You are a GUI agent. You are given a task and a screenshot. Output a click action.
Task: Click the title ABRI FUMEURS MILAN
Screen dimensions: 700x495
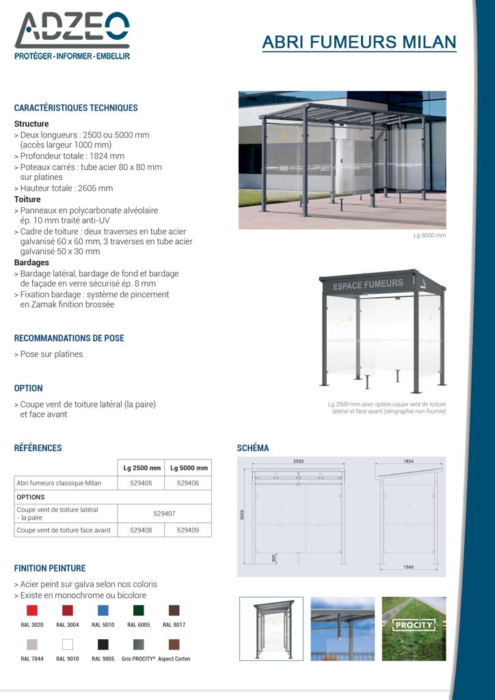coord(359,42)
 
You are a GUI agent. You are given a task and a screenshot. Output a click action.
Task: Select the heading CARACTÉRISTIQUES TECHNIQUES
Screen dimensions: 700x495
coord(76,108)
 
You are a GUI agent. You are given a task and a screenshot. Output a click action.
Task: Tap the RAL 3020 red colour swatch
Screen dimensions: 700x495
coord(32,610)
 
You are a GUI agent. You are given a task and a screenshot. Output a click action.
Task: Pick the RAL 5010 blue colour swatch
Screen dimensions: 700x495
coord(103,610)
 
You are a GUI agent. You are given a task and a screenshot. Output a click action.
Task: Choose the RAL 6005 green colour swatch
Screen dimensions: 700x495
coord(138,610)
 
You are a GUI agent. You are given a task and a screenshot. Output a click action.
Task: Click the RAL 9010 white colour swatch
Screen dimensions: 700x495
coord(67,644)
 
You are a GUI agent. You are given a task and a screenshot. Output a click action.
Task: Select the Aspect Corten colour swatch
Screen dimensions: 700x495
coord(174,644)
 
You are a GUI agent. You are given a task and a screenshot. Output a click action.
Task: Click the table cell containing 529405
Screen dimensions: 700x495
coord(141,483)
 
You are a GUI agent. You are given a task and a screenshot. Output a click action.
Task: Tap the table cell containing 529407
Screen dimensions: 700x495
coord(164,513)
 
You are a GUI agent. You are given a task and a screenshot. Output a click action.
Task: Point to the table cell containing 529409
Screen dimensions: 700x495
coord(188,530)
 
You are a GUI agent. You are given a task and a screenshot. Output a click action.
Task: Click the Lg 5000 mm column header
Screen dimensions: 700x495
coord(188,468)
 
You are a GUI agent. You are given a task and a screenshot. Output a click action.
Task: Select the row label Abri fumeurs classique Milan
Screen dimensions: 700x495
coord(59,483)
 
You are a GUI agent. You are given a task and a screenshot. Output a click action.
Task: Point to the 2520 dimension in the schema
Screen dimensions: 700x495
coord(299,461)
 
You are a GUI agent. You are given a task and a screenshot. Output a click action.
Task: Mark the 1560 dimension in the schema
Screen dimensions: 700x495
coord(409,567)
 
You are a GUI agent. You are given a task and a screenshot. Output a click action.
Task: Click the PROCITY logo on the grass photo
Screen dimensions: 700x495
coord(414,624)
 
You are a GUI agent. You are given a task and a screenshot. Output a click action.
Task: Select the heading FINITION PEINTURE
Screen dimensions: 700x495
coord(50,568)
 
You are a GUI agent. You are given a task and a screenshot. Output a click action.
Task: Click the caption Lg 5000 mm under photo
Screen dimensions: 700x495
coord(429,235)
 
